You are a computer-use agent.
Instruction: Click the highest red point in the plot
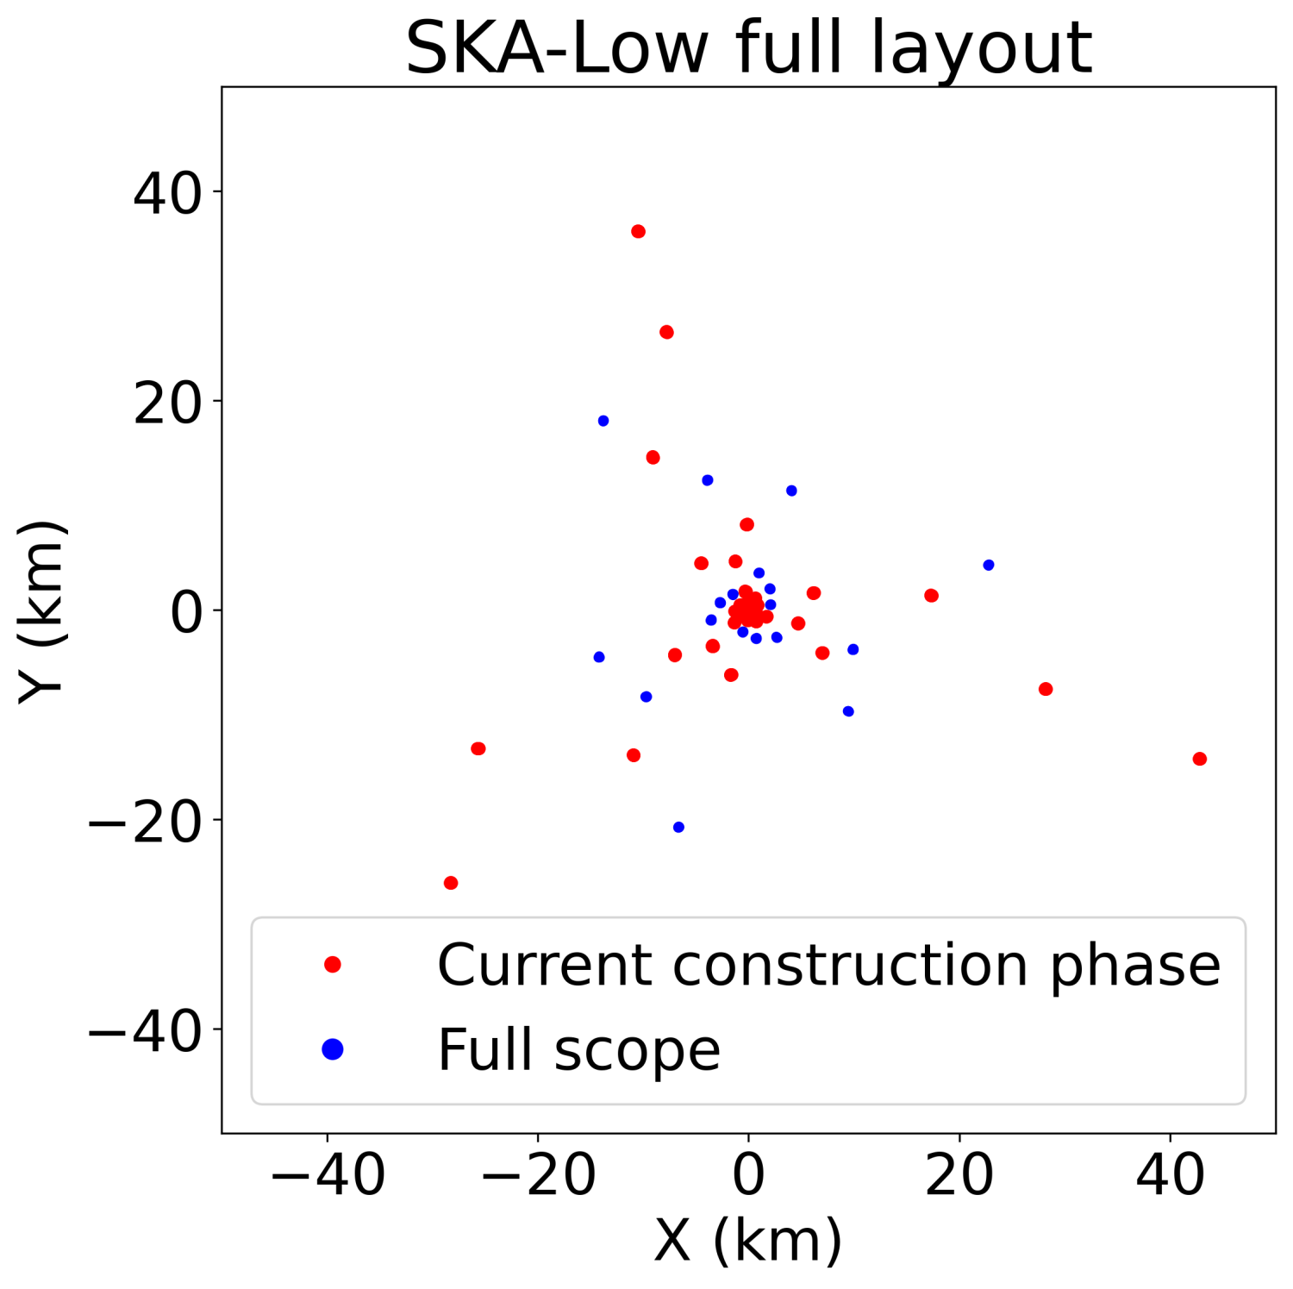pos(638,231)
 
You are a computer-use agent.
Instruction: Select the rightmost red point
pos(1199,759)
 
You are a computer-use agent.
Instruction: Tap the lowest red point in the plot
pos(450,883)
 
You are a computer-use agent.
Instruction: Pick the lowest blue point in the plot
pos(678,827)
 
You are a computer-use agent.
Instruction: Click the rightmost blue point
pos(989,565)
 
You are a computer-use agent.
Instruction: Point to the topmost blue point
pos(603,421)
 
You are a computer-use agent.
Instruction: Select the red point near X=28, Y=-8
pos(1046,689)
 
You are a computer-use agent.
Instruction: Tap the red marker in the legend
pos(333,964)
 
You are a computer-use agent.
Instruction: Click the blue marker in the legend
pos(333,1049)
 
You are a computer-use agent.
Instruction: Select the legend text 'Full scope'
pos(578,1050)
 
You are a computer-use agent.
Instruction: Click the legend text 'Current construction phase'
pos(828,965)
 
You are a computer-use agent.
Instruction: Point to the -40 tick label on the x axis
pos(328,1174)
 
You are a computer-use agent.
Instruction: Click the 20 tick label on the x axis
pos(959,1174)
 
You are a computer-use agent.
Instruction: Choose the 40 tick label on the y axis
pos(167,192)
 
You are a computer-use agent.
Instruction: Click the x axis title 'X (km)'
pos(747,1242)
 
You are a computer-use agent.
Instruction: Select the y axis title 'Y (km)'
pos(41,610)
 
